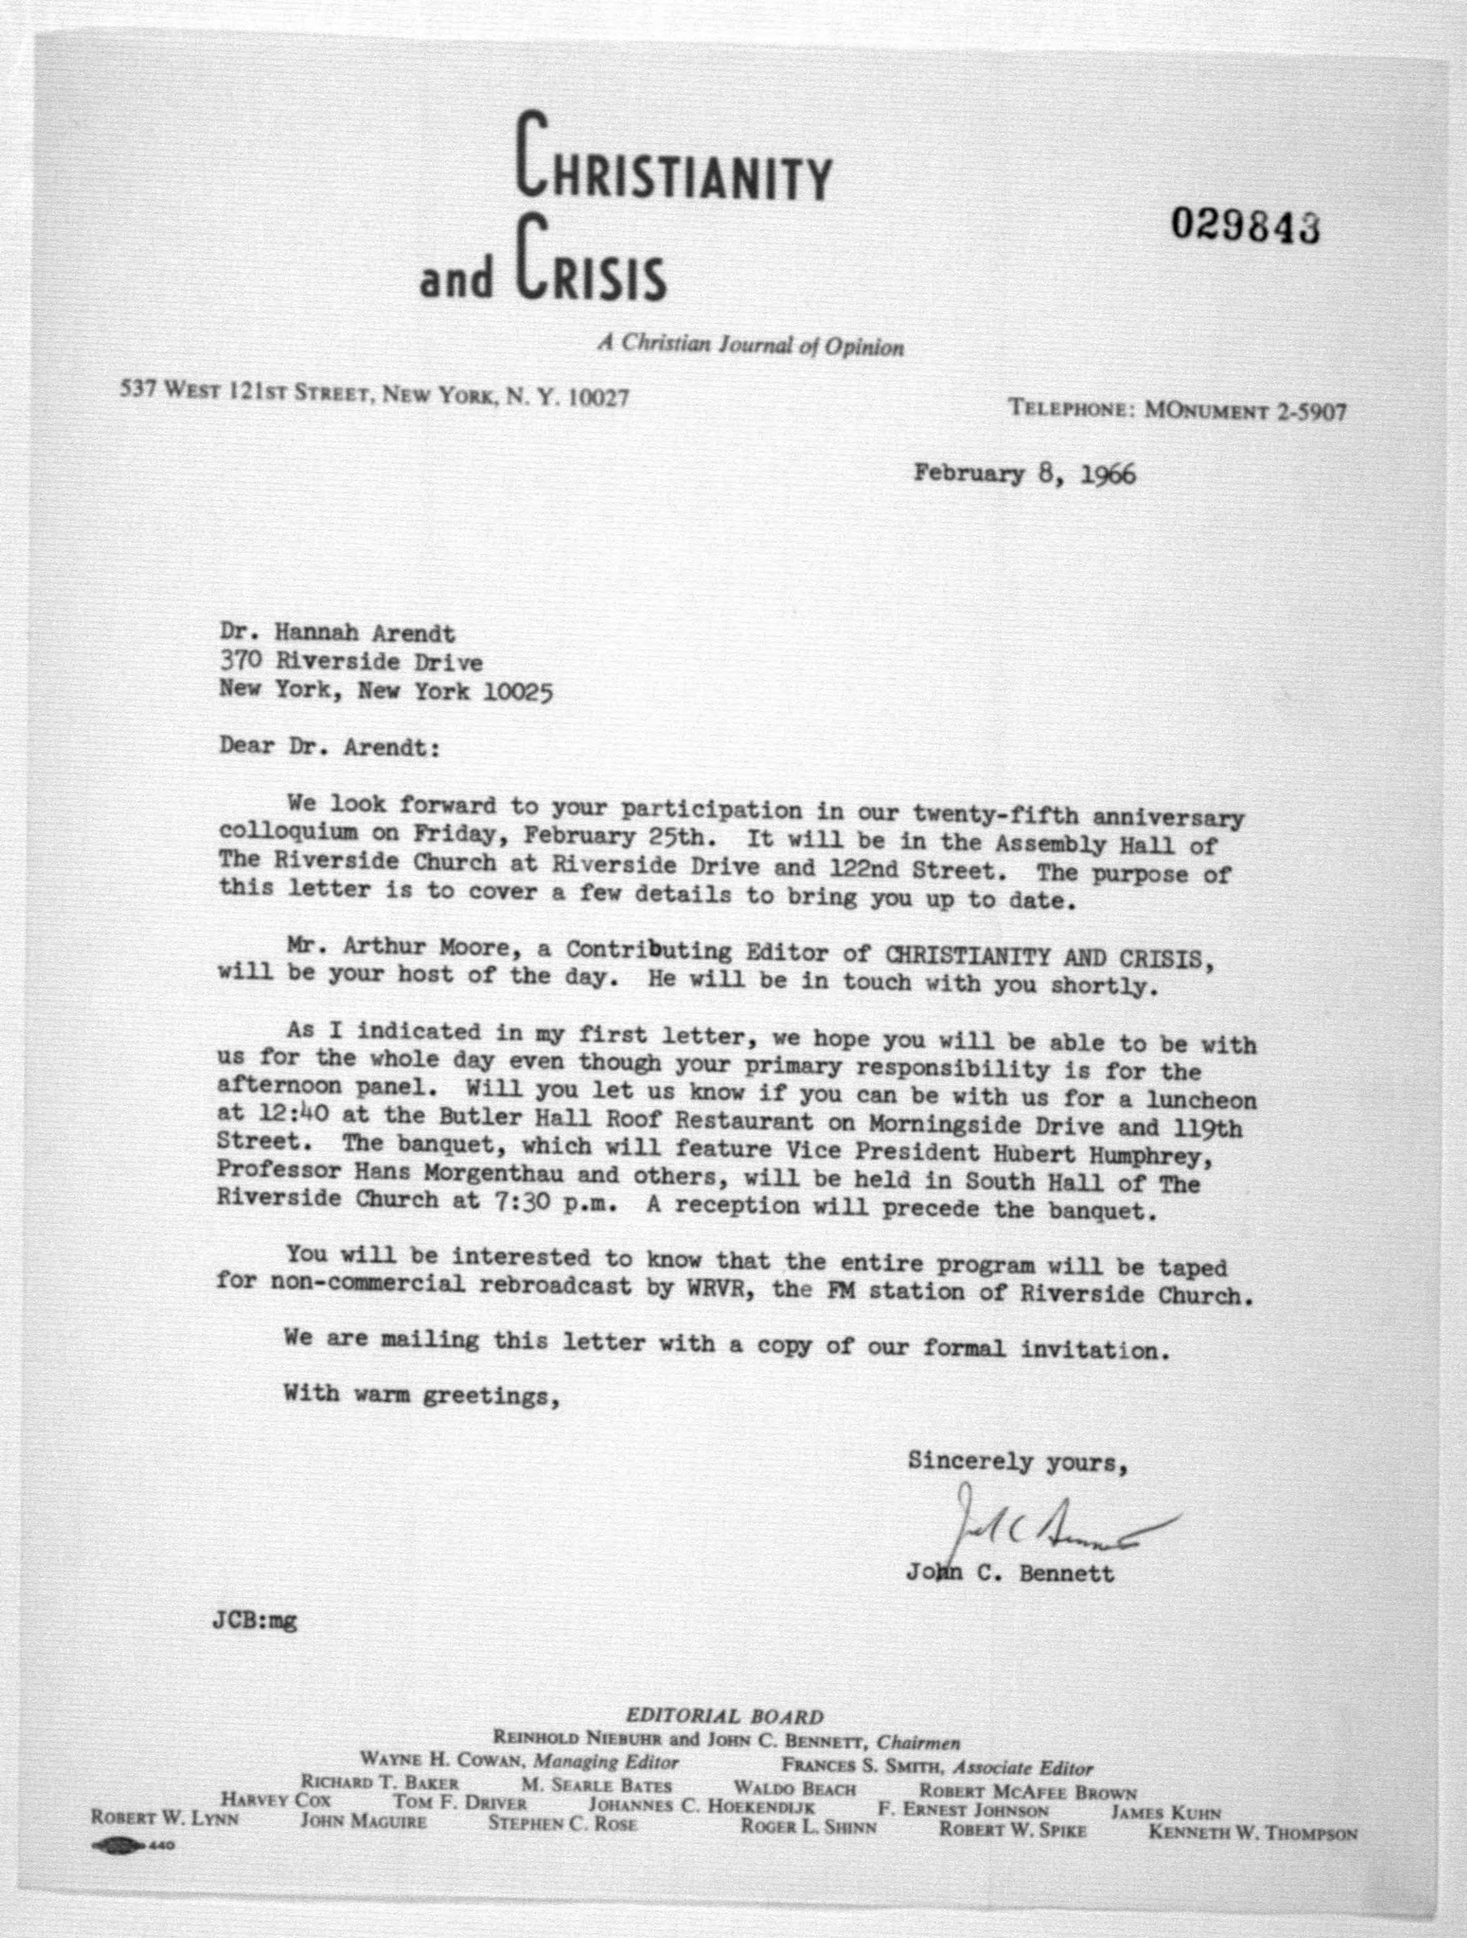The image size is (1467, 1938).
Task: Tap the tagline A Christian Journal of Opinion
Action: (750, 345)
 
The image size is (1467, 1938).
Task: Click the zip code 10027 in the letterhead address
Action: (598, 399)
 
